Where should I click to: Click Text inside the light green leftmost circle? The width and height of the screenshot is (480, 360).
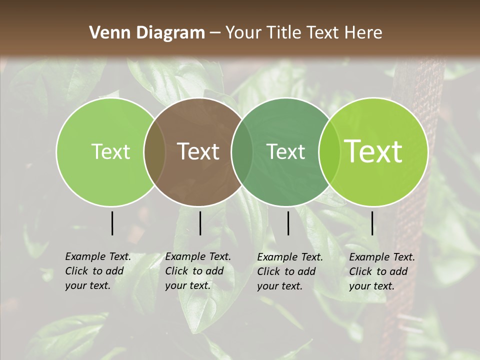(x=110, y=152)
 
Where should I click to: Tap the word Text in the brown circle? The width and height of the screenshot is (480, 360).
(x=198, y=151)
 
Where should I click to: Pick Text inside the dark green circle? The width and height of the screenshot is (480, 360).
(x=286, y=152)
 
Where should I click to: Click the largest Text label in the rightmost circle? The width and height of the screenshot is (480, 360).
(x=373, y=151)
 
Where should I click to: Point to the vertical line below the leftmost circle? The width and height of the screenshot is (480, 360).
(x=112, y=223)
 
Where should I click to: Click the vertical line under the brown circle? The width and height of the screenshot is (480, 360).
(x=200, y=223)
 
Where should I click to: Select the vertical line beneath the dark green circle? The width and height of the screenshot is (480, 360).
(x=288, y=223)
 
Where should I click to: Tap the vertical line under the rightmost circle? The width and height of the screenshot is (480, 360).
(x=372, y=223)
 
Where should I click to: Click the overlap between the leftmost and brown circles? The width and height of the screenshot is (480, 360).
(x=154, y=152)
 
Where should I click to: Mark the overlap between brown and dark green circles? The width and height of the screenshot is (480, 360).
(x=241, y=152)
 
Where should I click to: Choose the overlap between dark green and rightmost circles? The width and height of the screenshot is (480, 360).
(x=327, y=152)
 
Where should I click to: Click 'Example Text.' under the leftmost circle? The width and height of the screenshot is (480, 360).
(x=98, y=256)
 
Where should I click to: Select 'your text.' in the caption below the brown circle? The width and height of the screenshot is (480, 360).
(x=187, y=285)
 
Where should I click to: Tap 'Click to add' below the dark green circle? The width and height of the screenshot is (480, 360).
(x=286, y=271)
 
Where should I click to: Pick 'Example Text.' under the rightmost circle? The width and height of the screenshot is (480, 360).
(x=382, y=257)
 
